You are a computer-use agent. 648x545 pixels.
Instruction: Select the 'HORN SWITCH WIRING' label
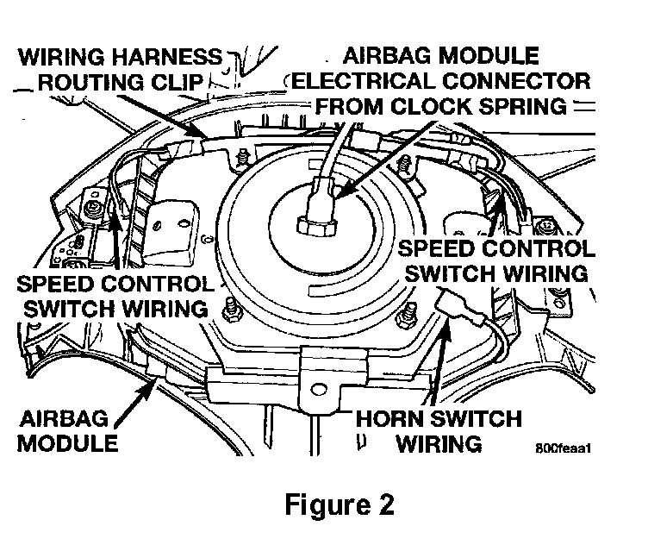(440, 431)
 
